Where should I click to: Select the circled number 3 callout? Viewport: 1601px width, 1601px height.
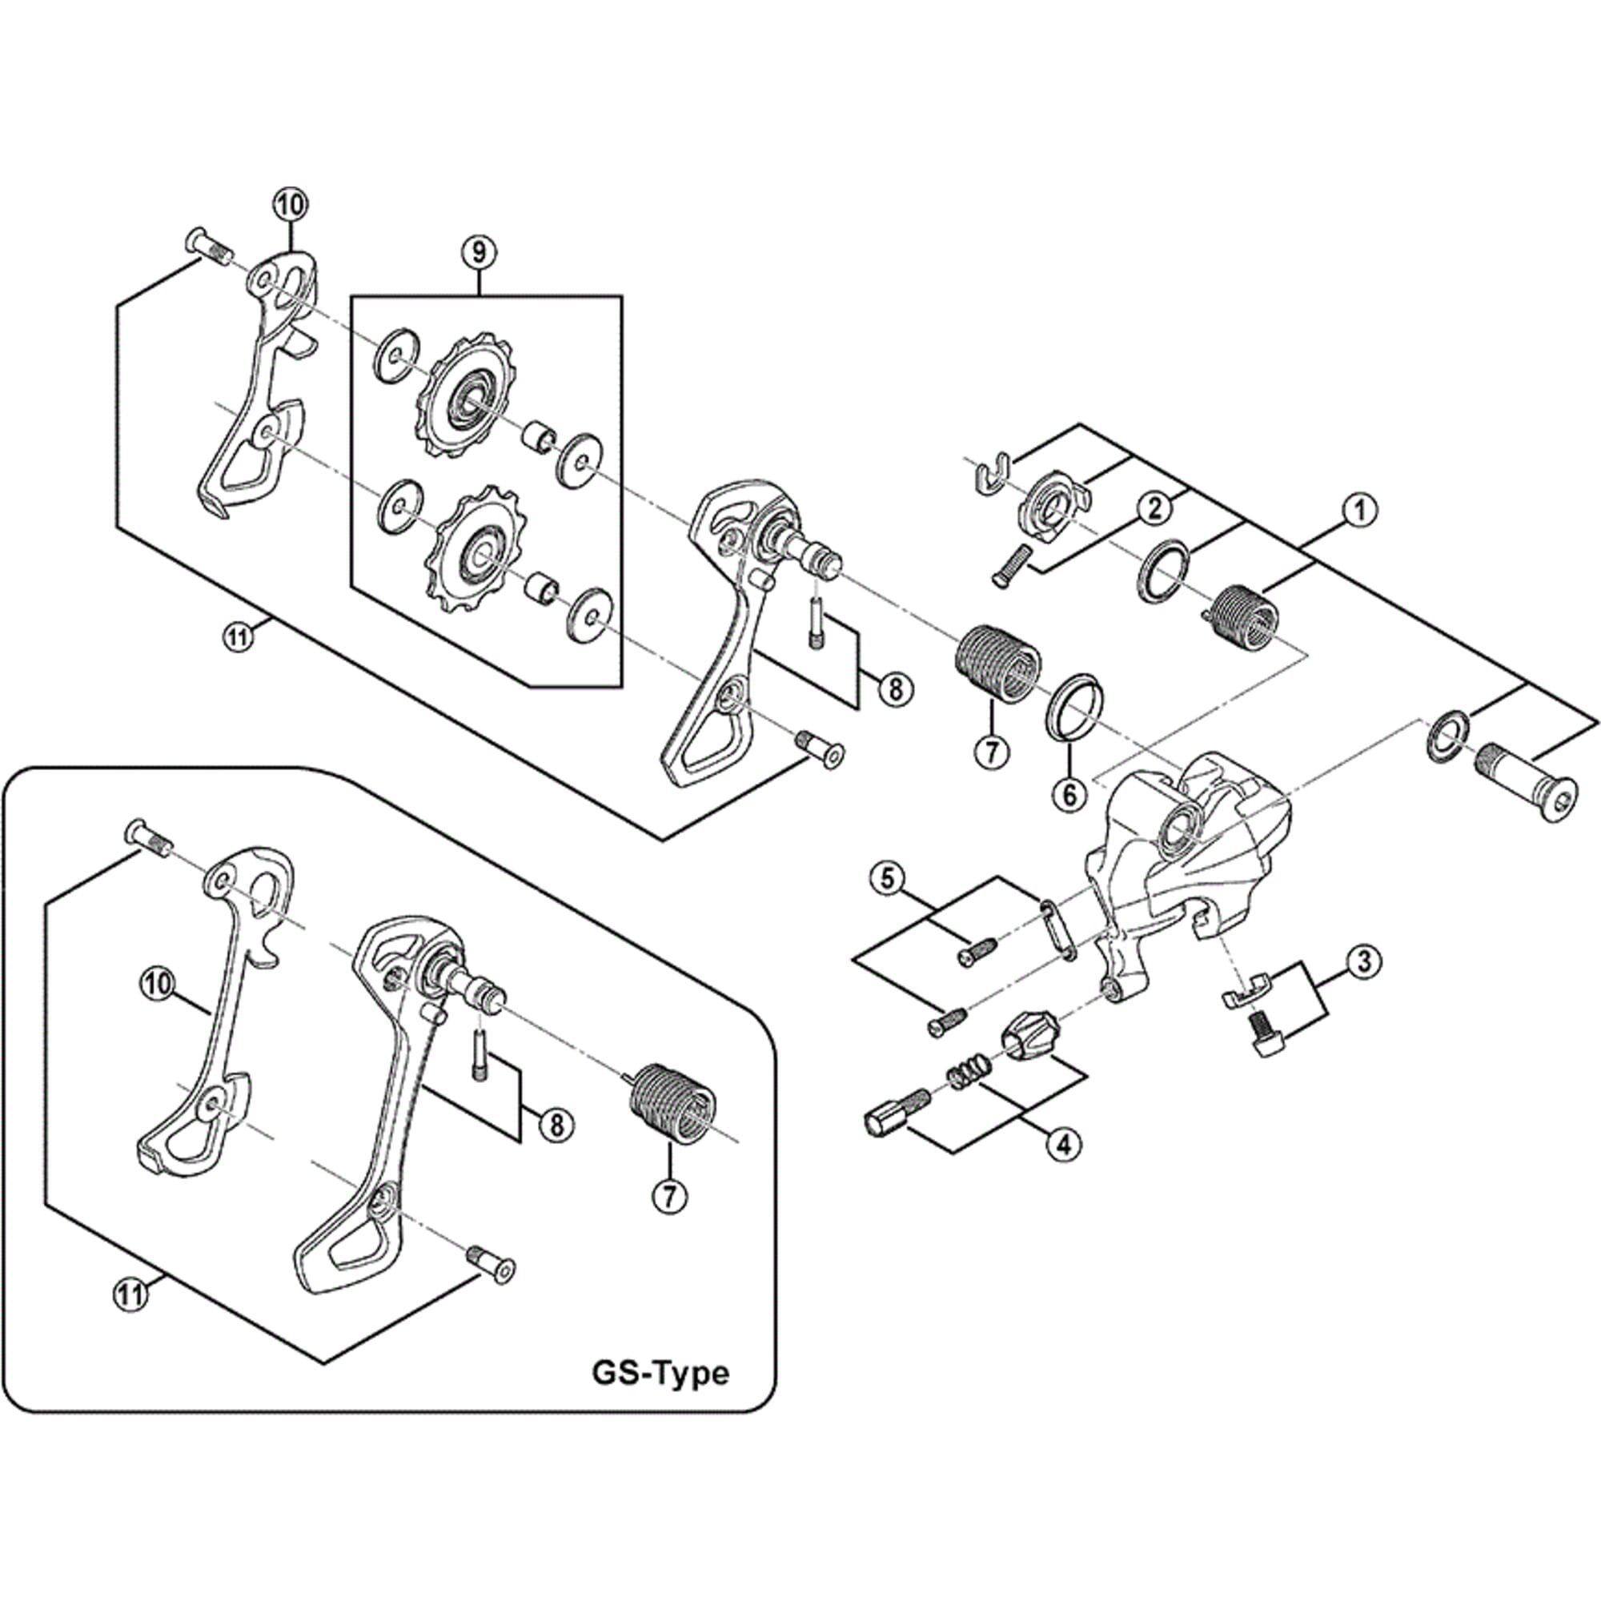pyautogui.click(x=1364, y=961)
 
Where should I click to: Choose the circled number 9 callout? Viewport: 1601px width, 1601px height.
pyautogui.click(x=479, y=253)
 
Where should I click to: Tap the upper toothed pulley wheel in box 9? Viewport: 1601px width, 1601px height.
pyautogui.click(x=461, y=395)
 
